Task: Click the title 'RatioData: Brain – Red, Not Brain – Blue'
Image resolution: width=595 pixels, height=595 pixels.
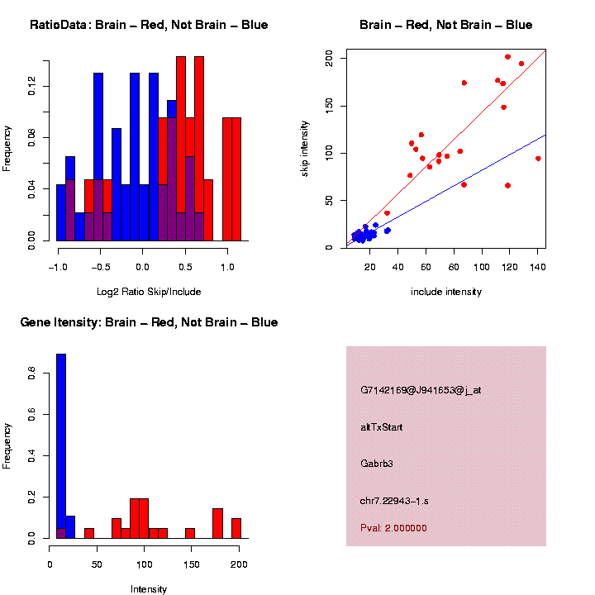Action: coord(149,25)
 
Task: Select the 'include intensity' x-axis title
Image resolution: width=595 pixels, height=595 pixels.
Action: coord(446,292)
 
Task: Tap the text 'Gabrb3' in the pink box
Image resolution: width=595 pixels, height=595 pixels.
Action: coord(377,464)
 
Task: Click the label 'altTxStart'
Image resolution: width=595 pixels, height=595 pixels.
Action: coord(382,427)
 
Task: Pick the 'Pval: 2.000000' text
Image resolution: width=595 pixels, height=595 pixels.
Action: coord(393,528)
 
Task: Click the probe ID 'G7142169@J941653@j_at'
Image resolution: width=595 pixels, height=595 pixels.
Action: coord(421,390)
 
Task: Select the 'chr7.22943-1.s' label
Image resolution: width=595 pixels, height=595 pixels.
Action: coord(394,501)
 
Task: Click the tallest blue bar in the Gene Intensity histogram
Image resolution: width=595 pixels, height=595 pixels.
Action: coord(61,446)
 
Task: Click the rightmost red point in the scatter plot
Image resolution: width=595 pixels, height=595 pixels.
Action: coord(538,159)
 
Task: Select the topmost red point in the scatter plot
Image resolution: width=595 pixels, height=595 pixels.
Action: coord(507,57)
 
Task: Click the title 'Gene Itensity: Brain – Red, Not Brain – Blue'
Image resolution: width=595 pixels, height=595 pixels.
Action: coord(149,322)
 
